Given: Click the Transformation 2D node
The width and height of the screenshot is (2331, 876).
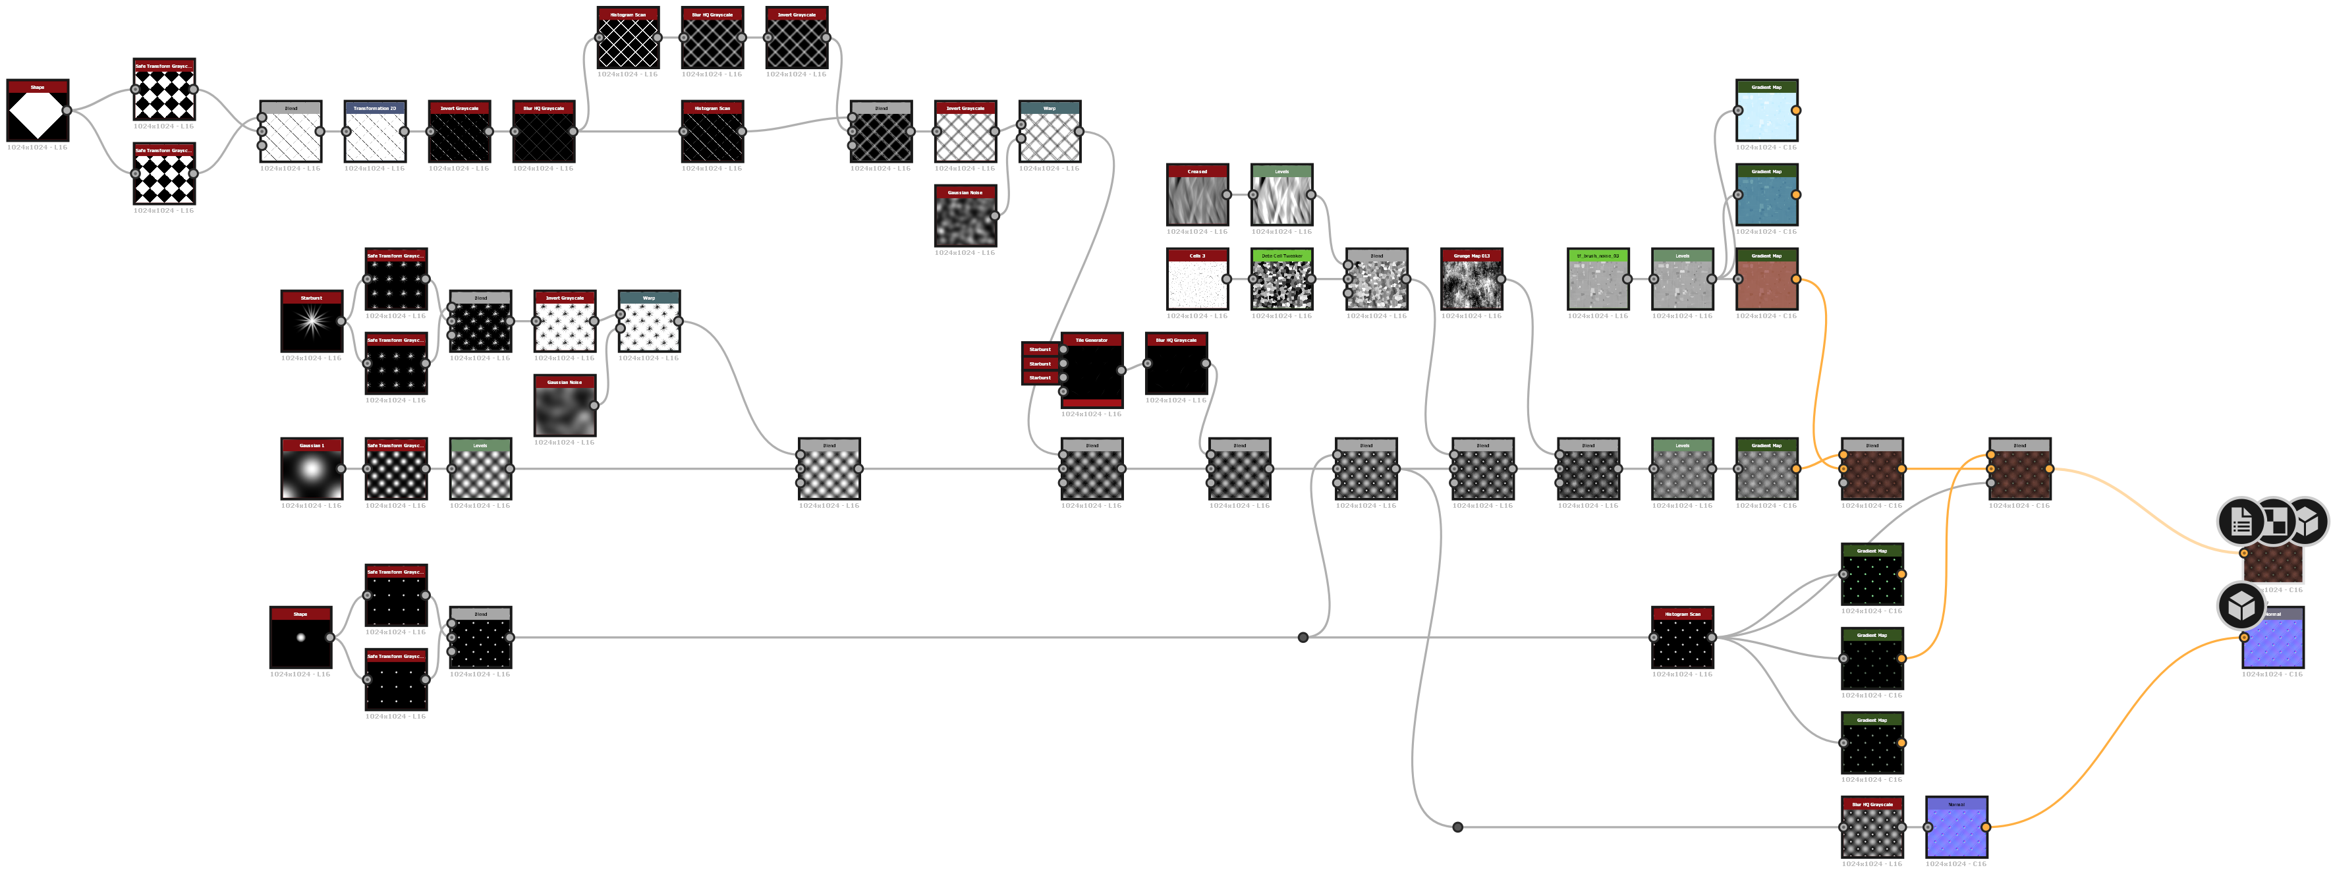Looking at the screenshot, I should [375, 136].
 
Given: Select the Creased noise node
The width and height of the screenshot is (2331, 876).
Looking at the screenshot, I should [1196, 198].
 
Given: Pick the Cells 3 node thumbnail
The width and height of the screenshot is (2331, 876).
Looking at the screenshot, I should [1196, 283].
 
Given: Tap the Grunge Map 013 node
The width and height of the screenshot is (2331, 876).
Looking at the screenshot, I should [1471, 283].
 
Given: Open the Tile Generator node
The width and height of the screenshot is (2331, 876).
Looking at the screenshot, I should [1091, 371].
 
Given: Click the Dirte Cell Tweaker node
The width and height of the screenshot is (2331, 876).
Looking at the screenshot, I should [1281, 283].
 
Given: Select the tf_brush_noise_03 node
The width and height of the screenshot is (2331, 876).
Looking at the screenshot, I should [1597, 283].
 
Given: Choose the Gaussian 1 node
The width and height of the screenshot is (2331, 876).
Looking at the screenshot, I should [311, 472].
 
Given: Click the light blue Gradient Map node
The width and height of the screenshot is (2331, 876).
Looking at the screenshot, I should [1766, 114].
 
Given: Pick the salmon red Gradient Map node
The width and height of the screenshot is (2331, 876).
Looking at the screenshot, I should [1766, 283].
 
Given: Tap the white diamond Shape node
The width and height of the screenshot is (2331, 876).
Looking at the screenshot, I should [37, 114].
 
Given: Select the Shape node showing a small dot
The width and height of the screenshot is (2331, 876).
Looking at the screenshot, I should [300, 641].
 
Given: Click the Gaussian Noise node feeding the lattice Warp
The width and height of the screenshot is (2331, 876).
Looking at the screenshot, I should [965, 220].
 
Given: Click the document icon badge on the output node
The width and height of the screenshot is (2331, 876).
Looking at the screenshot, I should [2241, 521].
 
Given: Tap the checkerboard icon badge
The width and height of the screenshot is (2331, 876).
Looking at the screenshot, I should [2274, 521].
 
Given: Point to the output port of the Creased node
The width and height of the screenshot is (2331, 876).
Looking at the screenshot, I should [1226, 194].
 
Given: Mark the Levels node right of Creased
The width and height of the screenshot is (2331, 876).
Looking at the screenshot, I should [1281, 198].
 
